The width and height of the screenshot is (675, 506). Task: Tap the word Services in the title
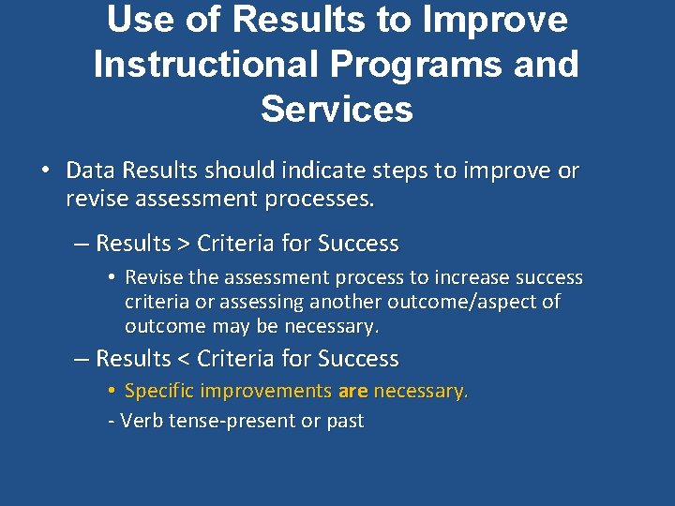pyautogui.click(x=337, y=109)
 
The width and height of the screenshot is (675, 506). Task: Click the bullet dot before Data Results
pyautogui.click(x=44, y=171)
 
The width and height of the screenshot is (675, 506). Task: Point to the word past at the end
pyautogui.click(x=344, y=422)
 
